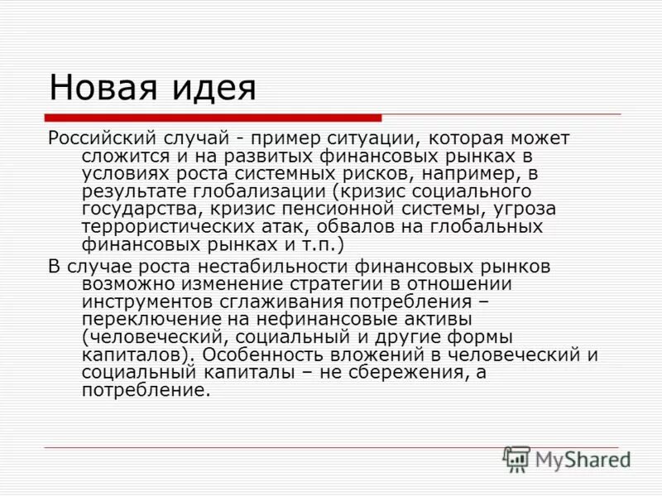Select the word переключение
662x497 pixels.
click(148, 319)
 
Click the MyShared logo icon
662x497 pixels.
click(516, 459)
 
